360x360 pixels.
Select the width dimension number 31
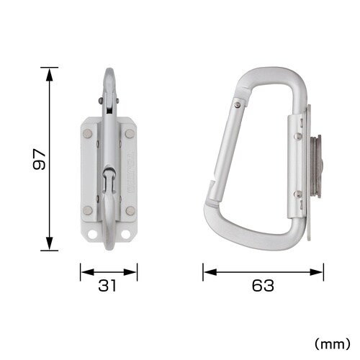(108, 286)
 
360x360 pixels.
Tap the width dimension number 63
(264, 286)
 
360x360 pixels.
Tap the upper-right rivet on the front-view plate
(130, 133)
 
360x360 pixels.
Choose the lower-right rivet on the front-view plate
(130, 210)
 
